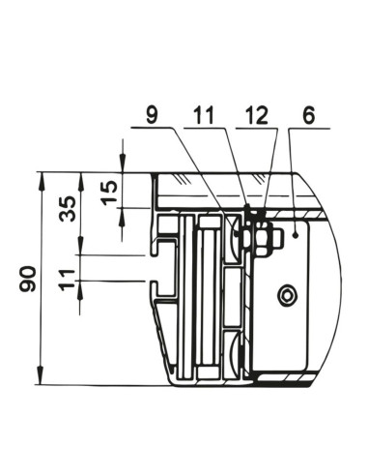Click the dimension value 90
28,279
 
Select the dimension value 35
68,209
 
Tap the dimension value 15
109,193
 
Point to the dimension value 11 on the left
68,280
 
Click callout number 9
152,115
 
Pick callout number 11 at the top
204,115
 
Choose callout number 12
256,115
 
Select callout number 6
309,115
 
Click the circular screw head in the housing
288,295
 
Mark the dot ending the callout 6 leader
296,236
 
